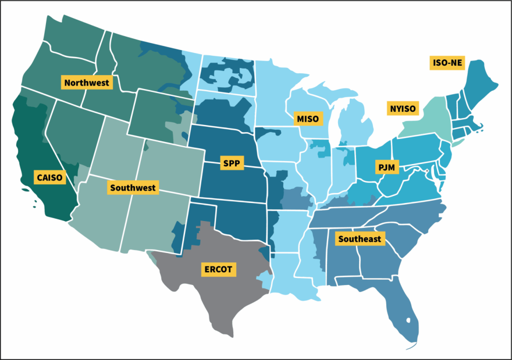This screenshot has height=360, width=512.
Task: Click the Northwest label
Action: [x=87, y=83]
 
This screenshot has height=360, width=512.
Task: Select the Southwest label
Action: [x=133, y=187]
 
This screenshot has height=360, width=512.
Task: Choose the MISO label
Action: [x=307, y=119]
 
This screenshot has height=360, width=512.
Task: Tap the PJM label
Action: [x=386, y=168]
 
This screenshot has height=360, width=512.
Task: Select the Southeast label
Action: [x=360, y=238]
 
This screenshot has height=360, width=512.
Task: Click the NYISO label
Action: [x=403, y=108]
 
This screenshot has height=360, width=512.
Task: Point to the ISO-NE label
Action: [x=447, y=63]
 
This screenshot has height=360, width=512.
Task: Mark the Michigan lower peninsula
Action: [x=355, y=125]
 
